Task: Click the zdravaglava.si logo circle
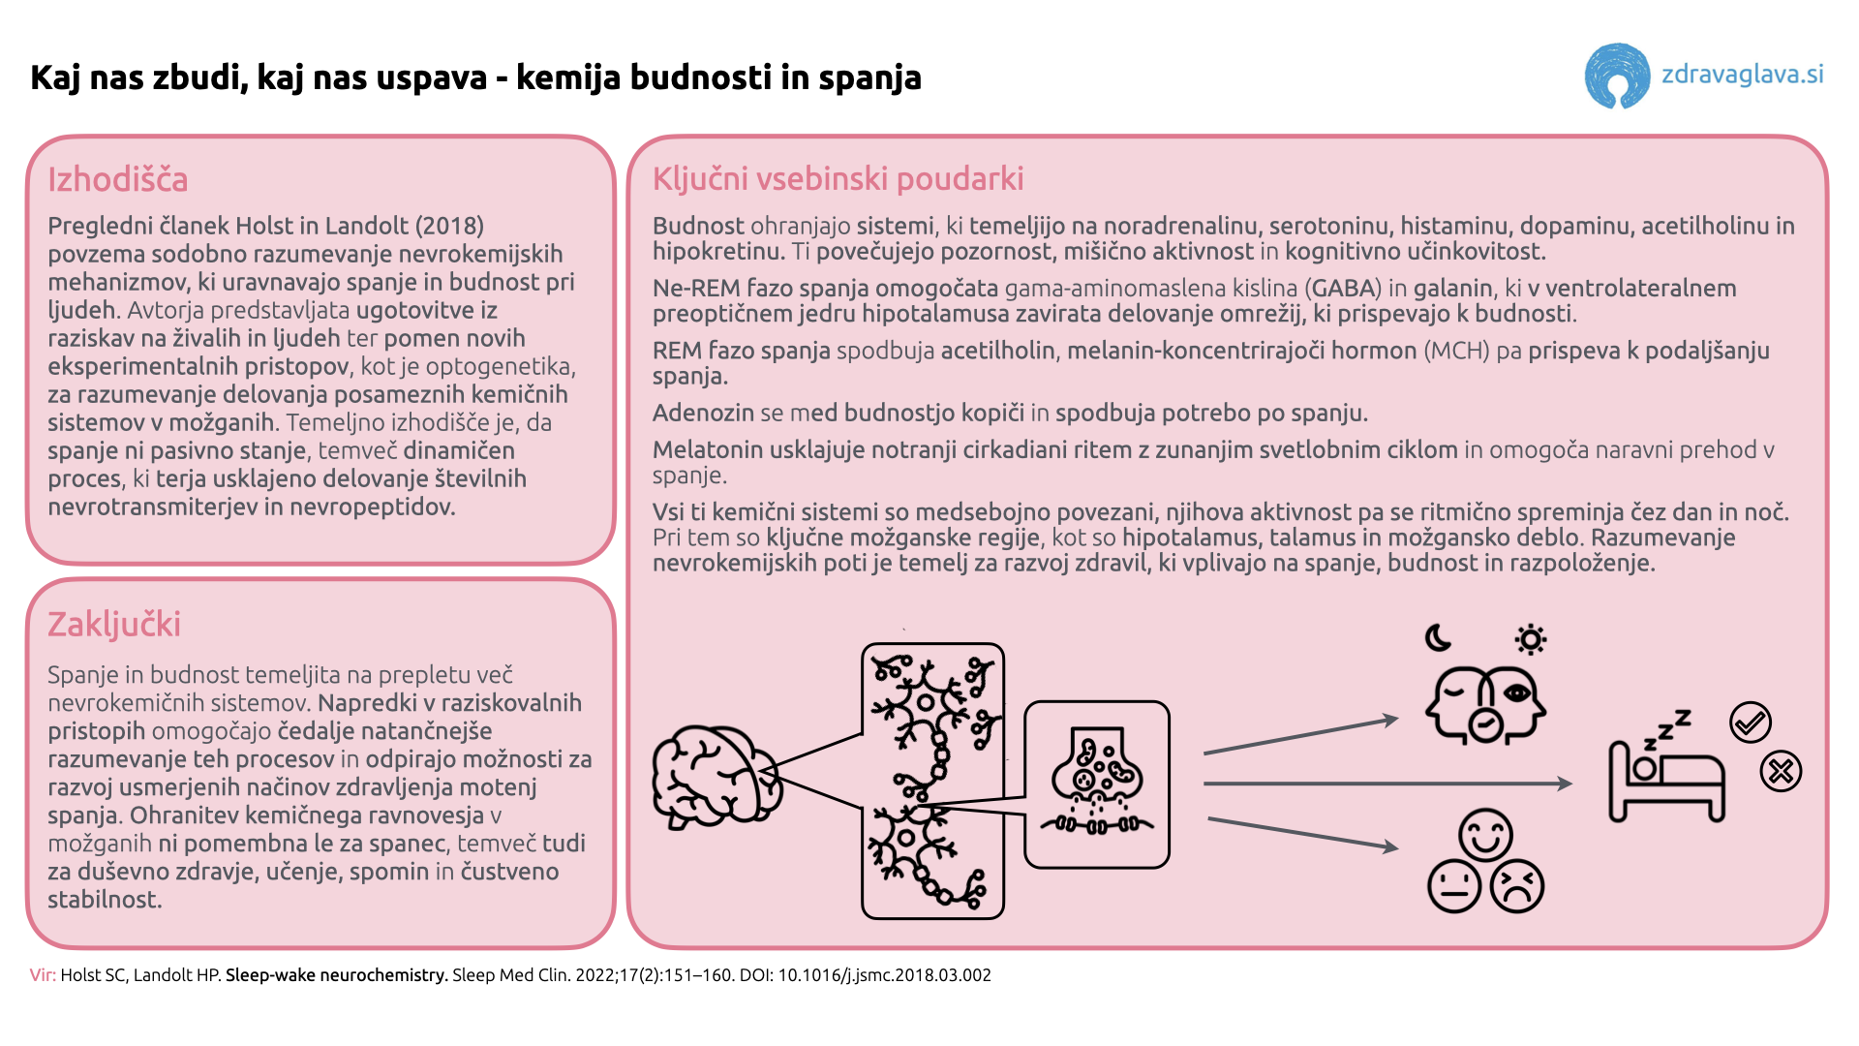point(1616,76)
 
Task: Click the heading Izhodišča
point(118,180)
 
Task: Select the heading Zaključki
point(114,625)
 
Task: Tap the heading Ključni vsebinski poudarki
point(838,179)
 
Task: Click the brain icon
point(715,777)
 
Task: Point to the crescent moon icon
point(1439,638)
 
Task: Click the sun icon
point(1530,640)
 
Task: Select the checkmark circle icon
point(1751,723)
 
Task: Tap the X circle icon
point(1781,772)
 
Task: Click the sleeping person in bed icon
point(1665,770)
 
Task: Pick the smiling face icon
point(1485,834)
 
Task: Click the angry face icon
point(1517,886)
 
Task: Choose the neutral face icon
point(1454,886)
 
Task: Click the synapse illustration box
point(1097,784)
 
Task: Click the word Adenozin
point(703,414)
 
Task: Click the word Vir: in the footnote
point(43,975)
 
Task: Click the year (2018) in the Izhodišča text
point(449,227)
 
